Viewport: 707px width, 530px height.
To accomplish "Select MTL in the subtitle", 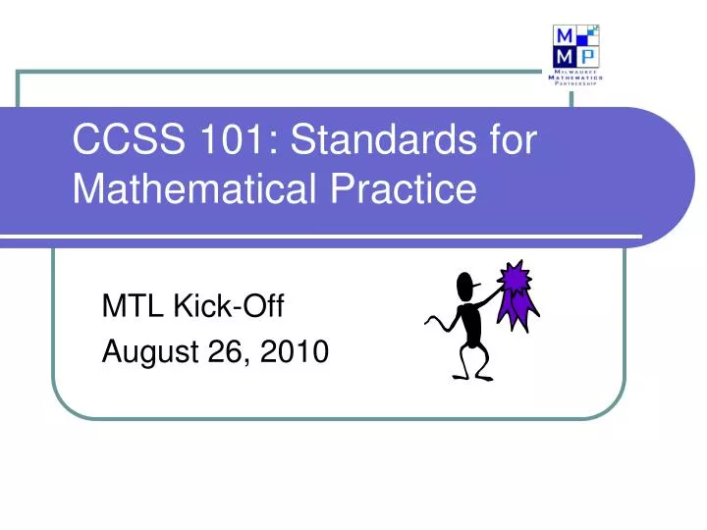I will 134,308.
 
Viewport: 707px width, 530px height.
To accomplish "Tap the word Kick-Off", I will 228,308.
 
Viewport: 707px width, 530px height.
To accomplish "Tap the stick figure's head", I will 466,287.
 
